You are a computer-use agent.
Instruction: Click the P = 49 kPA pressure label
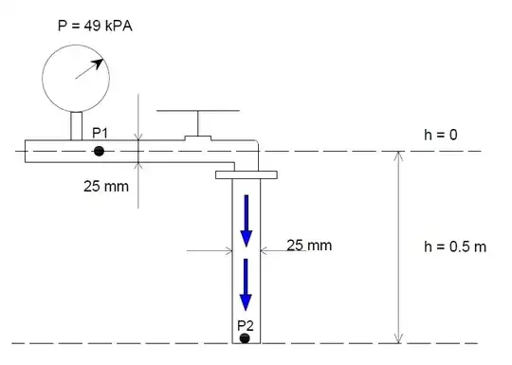(95, 26)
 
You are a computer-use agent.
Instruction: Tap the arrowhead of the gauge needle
(99, 63)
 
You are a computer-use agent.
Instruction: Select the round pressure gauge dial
(76, 79)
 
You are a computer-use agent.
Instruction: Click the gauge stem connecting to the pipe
(77, 126)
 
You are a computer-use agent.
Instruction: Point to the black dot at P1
(99, 151)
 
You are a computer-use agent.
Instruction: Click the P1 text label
(100, 133)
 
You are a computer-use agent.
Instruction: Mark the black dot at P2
(245, 338)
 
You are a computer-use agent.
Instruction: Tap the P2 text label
(246, 325)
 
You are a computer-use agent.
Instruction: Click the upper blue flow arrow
(247, 221)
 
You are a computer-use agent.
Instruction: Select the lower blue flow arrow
(246, 284)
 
